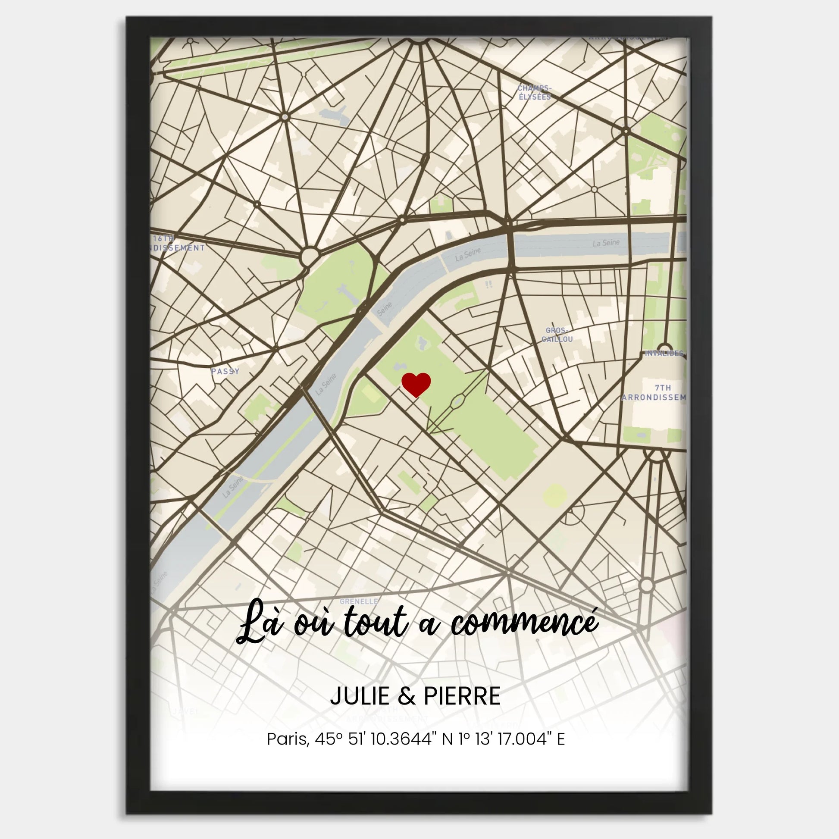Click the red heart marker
[x=416, y=384]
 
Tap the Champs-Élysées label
[x=534, y=93]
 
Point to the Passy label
[x=225, y=371]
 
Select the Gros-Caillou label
[x=557, y=335]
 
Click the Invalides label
[x=664, y=353]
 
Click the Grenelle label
[x=359, y=601]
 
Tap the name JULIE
[x=360, y=696]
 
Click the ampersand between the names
[x=406, y=697]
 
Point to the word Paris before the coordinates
[x=287, y=739]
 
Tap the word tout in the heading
[x=376, y=623]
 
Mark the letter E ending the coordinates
[x=560, y=739]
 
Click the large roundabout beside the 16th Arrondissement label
[x=309, y=257]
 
